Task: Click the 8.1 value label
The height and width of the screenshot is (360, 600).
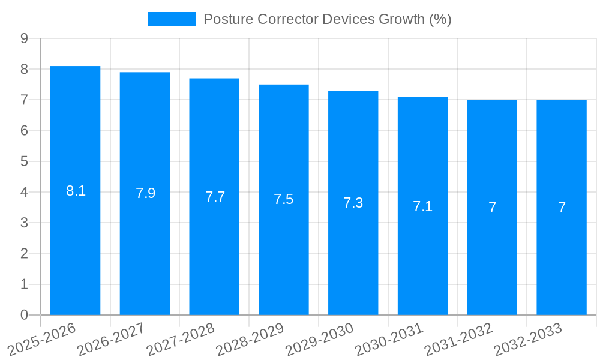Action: pos(76,191)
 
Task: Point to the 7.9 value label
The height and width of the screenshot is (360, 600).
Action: pos(145,193)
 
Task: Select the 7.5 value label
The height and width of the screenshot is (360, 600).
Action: pos(284,199)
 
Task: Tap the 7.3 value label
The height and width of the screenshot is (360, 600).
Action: pos(353,203)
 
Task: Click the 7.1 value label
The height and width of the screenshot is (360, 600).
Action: pos(422,206)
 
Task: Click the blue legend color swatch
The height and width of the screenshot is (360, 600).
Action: pos(172,19)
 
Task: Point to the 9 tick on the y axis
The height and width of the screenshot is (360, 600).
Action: pos(24,38)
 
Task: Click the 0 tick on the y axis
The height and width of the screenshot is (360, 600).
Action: pos(24,315)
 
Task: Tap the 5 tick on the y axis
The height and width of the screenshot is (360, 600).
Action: pos(24,161)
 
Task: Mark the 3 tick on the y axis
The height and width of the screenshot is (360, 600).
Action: pos(24,223)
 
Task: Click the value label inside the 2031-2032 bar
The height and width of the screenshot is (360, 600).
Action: pos(492,208)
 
